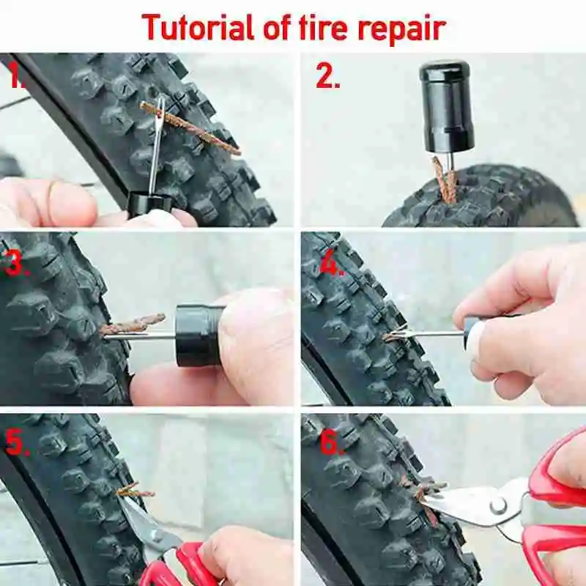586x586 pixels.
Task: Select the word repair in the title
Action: click(402, 30)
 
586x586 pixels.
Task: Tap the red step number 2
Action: click(327, 76)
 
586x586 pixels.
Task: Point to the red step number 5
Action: click(17, 443)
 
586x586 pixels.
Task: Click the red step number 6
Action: click(331, 443)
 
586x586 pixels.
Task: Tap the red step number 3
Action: click(17, 263)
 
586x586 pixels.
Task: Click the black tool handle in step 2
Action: click(446, 106)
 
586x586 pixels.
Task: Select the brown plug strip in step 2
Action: click(443, 180)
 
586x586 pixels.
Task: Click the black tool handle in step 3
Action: click(198, 335)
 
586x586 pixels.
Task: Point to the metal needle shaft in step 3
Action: click(139, 337)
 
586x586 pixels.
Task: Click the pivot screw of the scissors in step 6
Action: click(498, 507)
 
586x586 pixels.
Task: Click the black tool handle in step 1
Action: click(149, 204)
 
